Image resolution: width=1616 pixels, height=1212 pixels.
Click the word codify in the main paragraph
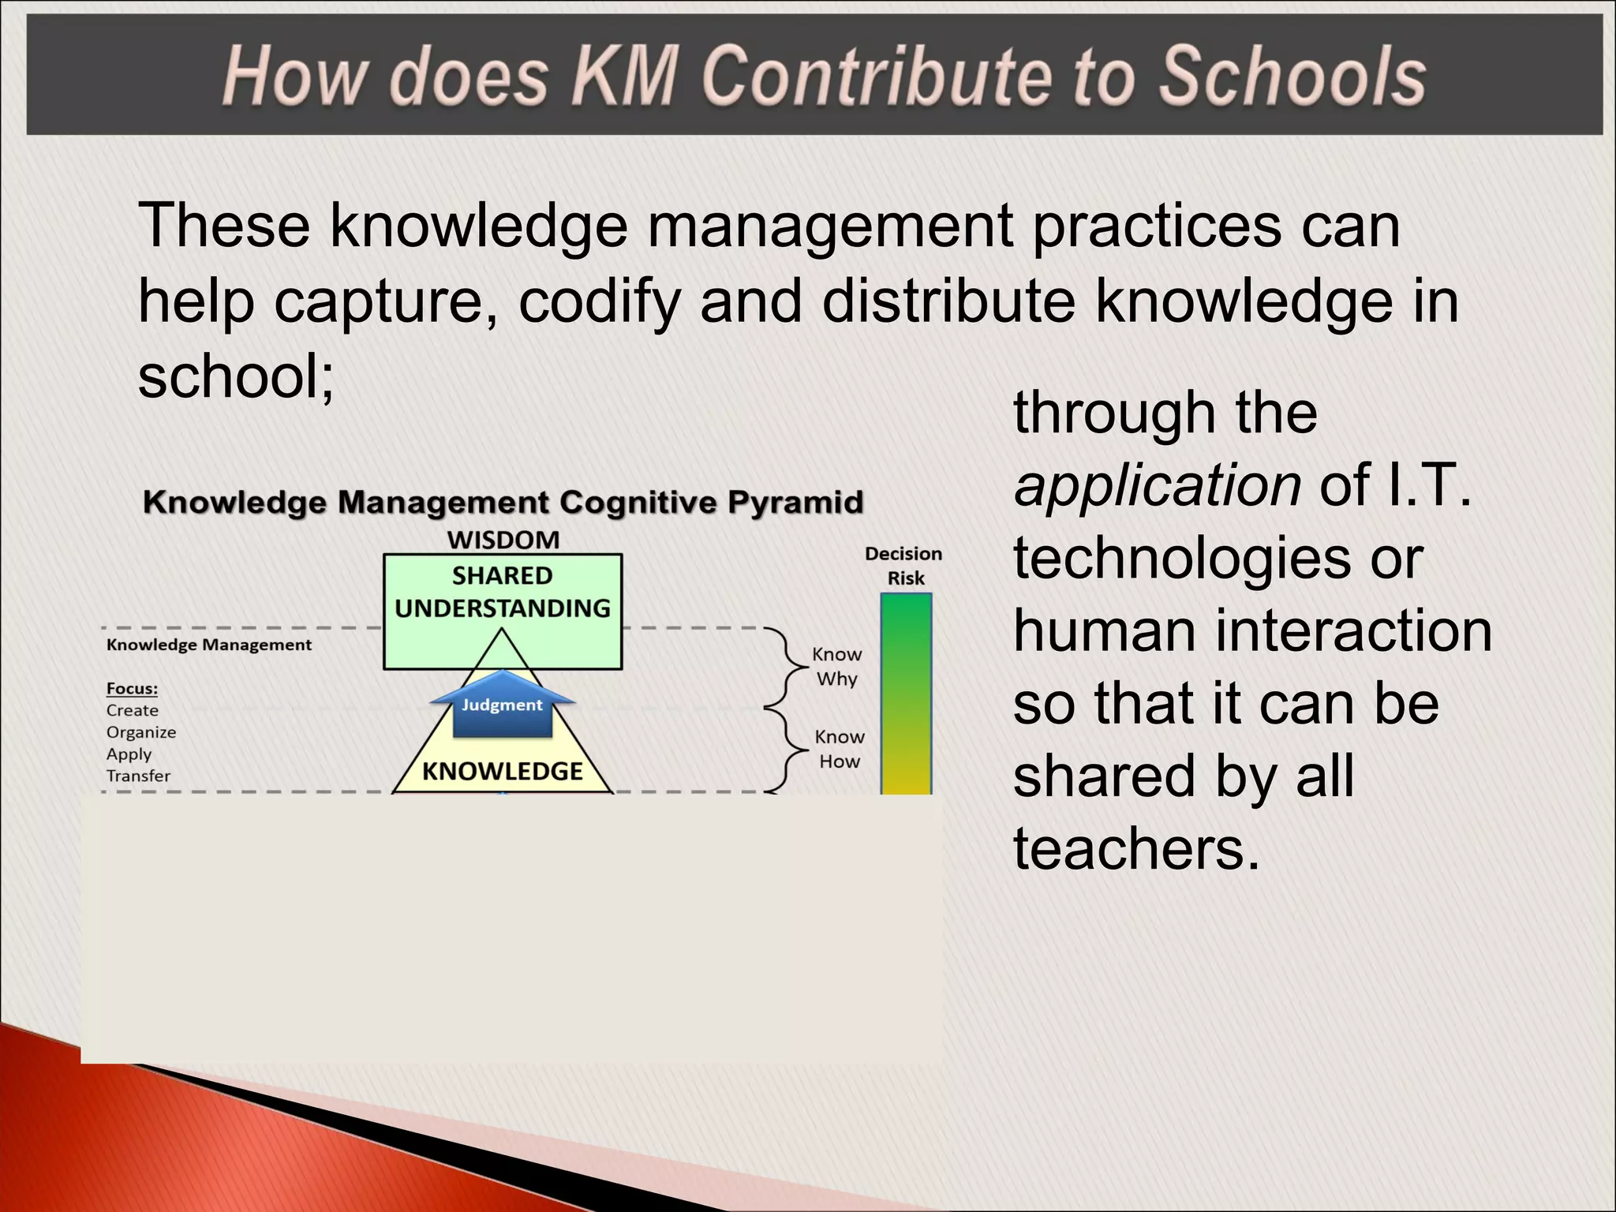pyautogui.click(x=600, y=301)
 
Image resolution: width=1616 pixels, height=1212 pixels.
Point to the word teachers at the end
pyautogui.click(x=1136, y=849)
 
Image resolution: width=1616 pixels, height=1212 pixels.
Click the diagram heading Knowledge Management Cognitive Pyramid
pyautogui.click(x=503, y=503)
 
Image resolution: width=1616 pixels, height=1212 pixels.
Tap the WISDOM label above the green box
pyautogui.click(x=503, y=541)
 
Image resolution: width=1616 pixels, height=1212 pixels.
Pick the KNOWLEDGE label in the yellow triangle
pyautogui.click(x=503, y=771)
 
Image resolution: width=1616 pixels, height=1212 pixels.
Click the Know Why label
pyautogui.click(x=837, y=667)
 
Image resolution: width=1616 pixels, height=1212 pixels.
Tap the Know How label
pyautogui.click(x=840, y=749)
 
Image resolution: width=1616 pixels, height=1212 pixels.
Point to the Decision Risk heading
pyautogui.click(x=904, y=566)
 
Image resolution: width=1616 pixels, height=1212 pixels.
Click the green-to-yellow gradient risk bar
pyautogui.click(x=906, y=694)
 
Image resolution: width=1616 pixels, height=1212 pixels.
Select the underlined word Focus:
pyautogui.click(x=132, y=689)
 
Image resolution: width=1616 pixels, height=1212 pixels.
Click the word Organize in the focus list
pyautogui.click(x=141, y=732)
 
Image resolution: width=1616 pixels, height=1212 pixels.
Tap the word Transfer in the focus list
pyautogui.click(x=138, y=776)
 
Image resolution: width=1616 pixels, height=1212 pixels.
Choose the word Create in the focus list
pyautogui.click(x=132, y=711)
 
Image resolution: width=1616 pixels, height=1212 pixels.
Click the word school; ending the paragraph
pyautogui.click(x=236, y=376)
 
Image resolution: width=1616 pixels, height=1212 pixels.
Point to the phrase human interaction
pyautogui.click(x=1252, y=631)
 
